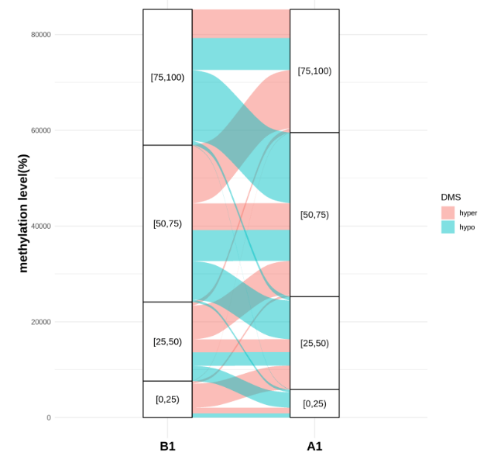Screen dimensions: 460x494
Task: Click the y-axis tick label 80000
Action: [40, 34]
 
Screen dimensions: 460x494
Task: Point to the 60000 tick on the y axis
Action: [40, 130]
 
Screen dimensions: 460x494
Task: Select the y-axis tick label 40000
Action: [40, 226]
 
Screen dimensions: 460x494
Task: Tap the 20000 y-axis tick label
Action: [40, 322]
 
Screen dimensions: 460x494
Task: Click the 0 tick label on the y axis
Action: [48, 417]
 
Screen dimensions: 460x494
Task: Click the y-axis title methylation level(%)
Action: [23, 213]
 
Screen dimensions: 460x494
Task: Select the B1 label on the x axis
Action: [167, 446]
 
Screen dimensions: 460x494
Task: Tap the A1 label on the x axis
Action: [314, 446]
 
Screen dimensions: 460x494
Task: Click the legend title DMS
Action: [451, 197]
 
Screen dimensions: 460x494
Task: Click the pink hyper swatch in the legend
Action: [448, 213]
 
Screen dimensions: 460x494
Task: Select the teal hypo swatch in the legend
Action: [448, 227]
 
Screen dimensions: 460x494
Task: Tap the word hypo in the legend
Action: [467, 227]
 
